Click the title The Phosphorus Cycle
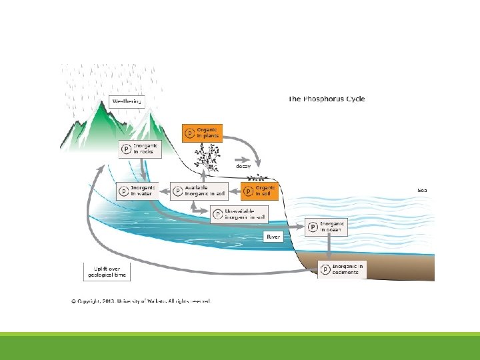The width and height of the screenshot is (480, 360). pos(327,99)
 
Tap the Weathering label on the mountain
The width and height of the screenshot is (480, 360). pos(126,102)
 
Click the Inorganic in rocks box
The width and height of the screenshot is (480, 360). pos(138,149)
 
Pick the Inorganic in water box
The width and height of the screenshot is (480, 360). pos(136,191)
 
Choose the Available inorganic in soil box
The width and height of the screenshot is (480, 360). pos(199,191)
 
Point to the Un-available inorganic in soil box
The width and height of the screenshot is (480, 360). pos(239,214)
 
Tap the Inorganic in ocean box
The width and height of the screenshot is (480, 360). pos(325,227)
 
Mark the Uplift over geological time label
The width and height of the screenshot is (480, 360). pos(106,272)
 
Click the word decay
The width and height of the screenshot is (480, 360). pos(243,166)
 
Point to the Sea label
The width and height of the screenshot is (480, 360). pos(422,190)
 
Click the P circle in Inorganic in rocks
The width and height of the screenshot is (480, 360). pos(125,149)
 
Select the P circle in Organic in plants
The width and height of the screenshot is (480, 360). pos(189,133)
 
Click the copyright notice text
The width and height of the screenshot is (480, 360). pos(141,301)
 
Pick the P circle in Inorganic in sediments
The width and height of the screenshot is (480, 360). pos(325,269)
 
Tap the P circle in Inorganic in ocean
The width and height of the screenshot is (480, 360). pos(313,227)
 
